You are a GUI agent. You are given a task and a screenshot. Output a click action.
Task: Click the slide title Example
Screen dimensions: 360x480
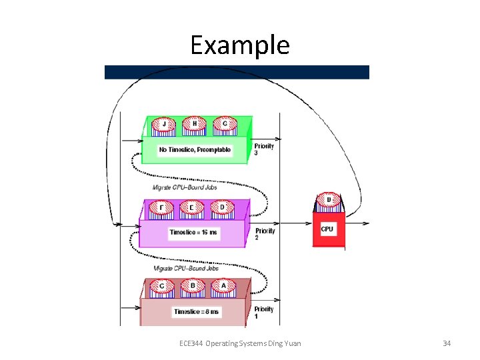tap(239, 45)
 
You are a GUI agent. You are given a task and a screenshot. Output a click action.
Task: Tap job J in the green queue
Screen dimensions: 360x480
tap(164, 125)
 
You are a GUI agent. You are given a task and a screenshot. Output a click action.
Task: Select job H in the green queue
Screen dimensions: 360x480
tap(195, 125)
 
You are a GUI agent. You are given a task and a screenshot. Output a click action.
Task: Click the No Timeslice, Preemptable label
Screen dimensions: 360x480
tap(195, 150)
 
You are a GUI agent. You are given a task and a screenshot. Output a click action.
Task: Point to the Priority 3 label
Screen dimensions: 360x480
tap(264, 149)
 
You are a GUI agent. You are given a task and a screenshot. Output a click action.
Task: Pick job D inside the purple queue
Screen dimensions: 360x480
tap(222, 208)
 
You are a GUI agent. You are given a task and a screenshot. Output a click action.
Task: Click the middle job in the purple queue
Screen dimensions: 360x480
tap(192, 208)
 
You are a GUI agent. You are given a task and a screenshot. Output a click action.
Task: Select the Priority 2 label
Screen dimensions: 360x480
tap(265, 234)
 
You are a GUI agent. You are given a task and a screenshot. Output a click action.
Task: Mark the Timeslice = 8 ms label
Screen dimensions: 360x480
tap(197, 311)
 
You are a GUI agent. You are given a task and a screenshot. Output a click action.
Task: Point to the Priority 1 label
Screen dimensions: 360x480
tap(264, 312)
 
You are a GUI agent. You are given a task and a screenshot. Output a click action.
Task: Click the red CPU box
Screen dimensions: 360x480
tap(328, 230)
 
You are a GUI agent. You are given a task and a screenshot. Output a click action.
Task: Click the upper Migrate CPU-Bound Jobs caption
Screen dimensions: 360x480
tap(185, 187)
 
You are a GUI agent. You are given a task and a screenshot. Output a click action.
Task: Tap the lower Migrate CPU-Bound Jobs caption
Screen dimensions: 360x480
tap(186, 268)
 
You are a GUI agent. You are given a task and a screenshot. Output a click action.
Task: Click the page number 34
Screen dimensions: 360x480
tap(447, 343)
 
